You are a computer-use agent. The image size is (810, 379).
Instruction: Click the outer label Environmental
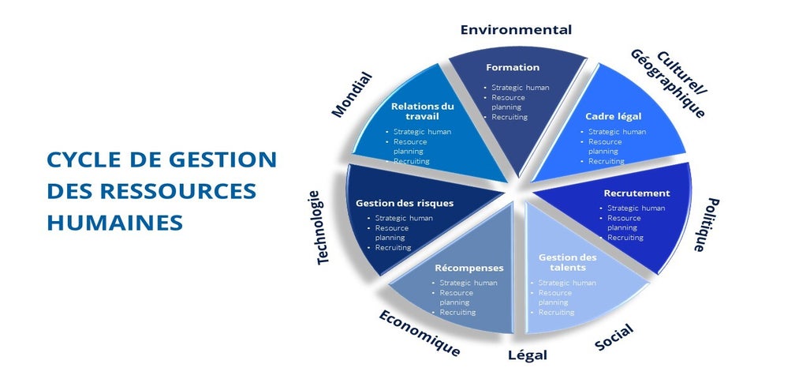[x=516, y=30]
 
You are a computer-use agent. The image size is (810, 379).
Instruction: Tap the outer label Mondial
[x=352, y=95]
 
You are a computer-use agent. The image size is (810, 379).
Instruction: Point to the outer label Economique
[x=420, y=333]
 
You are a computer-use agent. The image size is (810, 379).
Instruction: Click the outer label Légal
[x=528, y=355]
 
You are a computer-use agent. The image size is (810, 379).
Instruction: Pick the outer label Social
[x=614, y=336]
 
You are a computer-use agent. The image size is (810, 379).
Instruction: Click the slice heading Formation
[x=513, y=67]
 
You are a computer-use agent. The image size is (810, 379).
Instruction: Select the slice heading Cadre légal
[x=613, y=116]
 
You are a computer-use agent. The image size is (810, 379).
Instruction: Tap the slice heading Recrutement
[x=636, y=193]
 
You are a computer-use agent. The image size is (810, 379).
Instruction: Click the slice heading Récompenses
[x=469, y=268]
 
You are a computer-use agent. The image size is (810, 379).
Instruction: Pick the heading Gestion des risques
[x=405, y=203]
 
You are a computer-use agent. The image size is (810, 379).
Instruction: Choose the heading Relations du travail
[x=422, y=111]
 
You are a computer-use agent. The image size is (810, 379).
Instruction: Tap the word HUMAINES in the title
[x=114, y=223]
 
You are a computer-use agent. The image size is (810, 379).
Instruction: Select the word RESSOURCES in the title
[x=178, y=191]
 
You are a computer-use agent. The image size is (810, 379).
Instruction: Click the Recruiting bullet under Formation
[x=510, y=117]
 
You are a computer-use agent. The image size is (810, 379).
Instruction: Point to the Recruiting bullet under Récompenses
[x=457, y=313]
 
